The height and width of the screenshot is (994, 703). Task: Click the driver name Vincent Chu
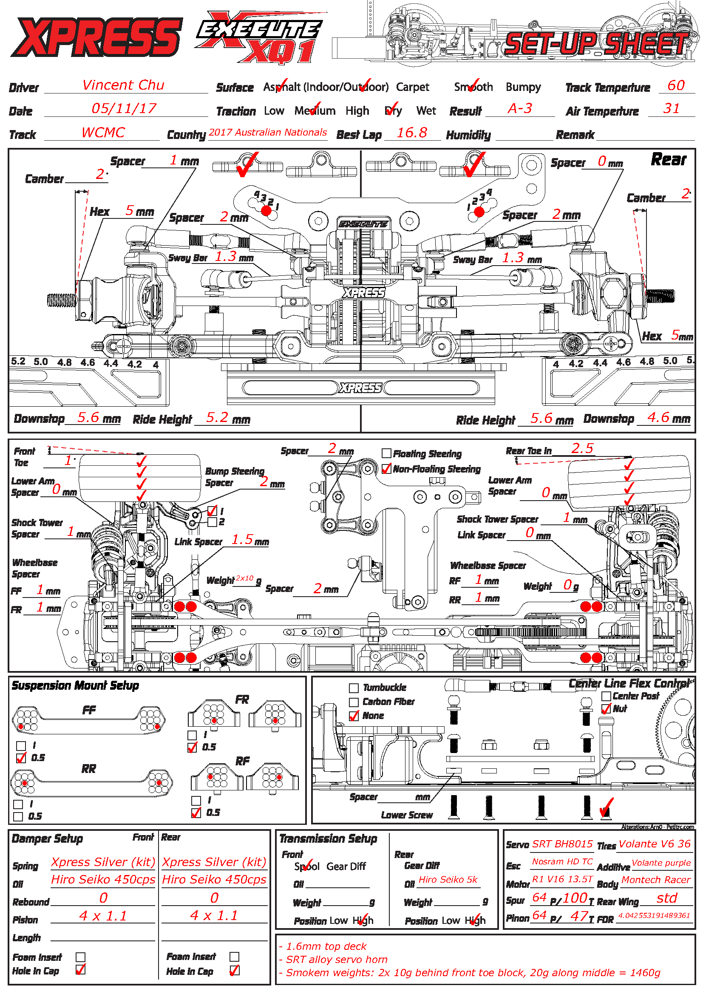[123, 85]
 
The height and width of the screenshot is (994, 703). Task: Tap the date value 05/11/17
[124, 108]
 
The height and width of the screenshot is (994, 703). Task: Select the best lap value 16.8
[412, 133]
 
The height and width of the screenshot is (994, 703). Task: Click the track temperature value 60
[676, 85]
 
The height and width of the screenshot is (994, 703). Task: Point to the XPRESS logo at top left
[96, 37]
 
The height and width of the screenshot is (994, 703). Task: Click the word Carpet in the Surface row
[413, 87]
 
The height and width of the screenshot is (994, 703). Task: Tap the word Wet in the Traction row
[426, 111]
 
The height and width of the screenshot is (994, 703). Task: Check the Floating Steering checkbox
[386, 453]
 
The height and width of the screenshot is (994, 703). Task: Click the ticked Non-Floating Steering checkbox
[386, 469]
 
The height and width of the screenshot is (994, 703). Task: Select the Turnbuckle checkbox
[354, 688]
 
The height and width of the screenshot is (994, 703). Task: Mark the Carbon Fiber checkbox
[354, 702]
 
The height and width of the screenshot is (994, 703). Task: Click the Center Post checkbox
[606, 696]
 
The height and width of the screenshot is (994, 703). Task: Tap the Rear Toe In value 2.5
[582, 448]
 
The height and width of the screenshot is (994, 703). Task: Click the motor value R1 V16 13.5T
[562, 879]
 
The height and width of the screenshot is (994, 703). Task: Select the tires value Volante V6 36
[655, 844]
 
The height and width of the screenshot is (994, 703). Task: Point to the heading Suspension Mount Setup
[75, 686]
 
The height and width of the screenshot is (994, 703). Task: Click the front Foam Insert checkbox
[80, 957]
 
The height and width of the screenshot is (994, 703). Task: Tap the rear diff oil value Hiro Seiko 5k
[448, 879]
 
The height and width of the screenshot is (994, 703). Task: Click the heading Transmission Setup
[328, 839]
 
